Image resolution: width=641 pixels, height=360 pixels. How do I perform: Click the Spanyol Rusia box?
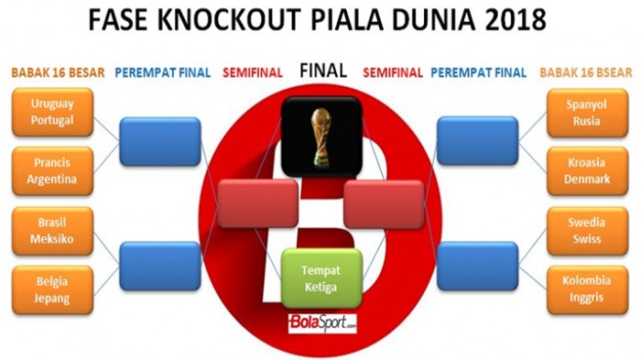point(588,112)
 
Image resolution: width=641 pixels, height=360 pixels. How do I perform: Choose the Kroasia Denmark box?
point(588,170)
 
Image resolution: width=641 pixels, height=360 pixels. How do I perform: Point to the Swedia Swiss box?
point(588,232)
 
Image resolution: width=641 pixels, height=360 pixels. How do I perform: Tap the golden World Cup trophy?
point(320,137)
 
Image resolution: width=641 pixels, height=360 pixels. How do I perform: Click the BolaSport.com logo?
point(320,323)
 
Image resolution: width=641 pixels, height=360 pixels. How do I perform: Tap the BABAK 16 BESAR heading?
point(57,72)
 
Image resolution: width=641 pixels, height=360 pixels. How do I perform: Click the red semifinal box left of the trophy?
point(257,202)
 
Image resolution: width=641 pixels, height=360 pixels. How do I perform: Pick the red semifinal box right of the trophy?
point(384,202)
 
